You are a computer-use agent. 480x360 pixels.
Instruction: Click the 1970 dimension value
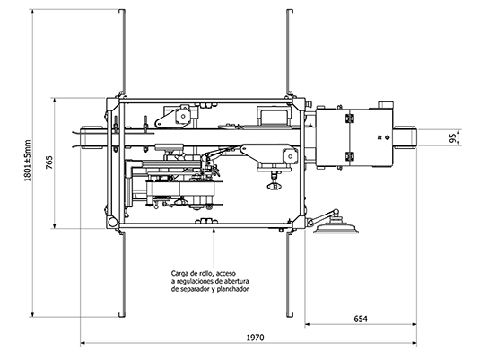click(x=255, y=338)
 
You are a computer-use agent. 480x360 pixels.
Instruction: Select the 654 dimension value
click(x=361, y=320)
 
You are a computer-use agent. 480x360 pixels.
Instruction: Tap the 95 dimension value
click(x=453, y=137)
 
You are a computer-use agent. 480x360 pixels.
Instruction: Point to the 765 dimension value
click(x=49, y=162)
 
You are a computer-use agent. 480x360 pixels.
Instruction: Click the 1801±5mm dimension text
click(x=28, y=161)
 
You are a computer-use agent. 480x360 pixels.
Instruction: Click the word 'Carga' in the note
click(x=179, y=273)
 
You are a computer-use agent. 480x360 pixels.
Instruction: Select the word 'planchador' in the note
click(x=232, y=289)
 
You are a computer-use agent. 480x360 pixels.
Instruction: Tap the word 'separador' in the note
click(x=195, y=289)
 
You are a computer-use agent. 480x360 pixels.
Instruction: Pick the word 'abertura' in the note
click(x=236, y=281)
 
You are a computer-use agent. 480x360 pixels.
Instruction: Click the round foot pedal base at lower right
click(x=336, y=229)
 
